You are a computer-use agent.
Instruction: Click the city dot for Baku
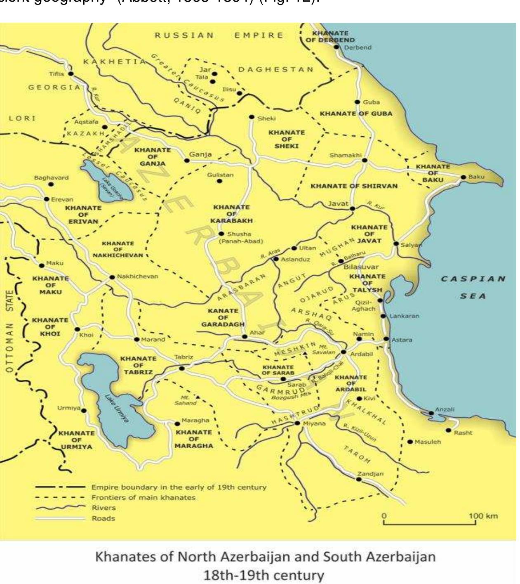tap(463, 177)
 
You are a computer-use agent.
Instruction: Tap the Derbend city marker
tap(336, 47)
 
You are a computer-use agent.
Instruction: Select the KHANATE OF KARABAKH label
tap(231, 214)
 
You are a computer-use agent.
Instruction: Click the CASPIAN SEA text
tap(473, 287)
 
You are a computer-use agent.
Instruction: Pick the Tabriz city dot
tap(182, 368)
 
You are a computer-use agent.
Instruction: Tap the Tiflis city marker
tap(71, 74)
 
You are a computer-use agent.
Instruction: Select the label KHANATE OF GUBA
tap(356, 113)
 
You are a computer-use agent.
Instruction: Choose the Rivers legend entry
tap(104, 508)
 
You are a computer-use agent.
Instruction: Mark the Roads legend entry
tap(103, 518)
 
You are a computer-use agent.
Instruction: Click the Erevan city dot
tap(47, 199)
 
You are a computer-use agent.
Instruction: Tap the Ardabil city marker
tap(343, 352)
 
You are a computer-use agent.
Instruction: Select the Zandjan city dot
tap(358, 479)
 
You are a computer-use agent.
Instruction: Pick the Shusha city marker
tap(221, 234)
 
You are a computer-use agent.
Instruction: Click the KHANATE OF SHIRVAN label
tap(354, 186)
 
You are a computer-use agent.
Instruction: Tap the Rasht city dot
tap(448, 430)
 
